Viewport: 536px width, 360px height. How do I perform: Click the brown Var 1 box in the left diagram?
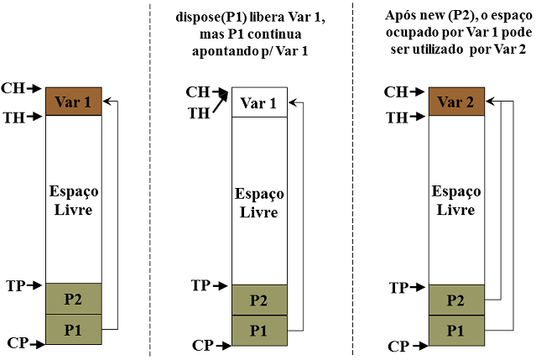(x=73, y=102)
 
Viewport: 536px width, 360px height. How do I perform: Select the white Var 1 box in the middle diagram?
(x=258, y=102)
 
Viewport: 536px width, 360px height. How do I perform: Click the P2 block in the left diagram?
(x=73, y=298)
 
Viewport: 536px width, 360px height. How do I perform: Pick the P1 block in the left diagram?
(x=73, y=328)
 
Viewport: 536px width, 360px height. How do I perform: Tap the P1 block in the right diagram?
(x=455, y=330)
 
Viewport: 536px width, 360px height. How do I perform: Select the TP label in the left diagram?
(x=13, y=285)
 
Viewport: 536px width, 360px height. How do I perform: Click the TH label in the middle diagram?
(x=198, y=112)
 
